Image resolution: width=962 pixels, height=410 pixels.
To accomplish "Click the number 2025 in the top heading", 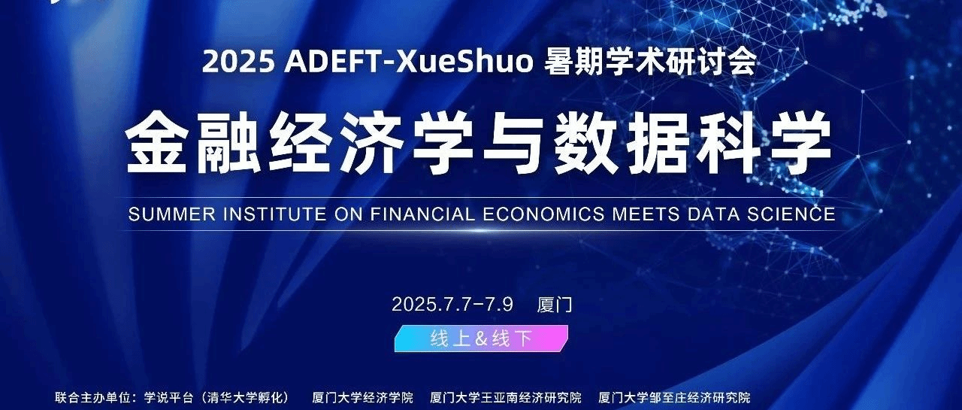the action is [x=238, y=62].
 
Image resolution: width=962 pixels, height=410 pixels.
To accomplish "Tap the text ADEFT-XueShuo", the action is [x=408, y=62].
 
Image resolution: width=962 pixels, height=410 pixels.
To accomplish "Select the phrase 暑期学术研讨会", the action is [x=650, y=62].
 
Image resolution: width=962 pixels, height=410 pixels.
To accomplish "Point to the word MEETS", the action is [x=646, y=214].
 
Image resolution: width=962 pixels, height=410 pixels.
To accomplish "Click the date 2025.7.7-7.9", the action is [x=452, y=304].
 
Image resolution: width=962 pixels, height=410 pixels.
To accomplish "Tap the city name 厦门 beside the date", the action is [x=555, y=305].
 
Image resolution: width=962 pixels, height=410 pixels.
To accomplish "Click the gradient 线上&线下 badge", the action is [x=482, y=339].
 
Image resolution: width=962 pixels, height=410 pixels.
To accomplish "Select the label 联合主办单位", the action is [x=92, y=397].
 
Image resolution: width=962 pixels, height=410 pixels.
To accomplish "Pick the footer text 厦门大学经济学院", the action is [x=362, y=397].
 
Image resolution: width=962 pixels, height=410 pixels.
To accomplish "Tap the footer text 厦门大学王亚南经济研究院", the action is [x=506, y=397].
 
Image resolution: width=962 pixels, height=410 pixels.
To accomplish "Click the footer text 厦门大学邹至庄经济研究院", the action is [x=674, y=397].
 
